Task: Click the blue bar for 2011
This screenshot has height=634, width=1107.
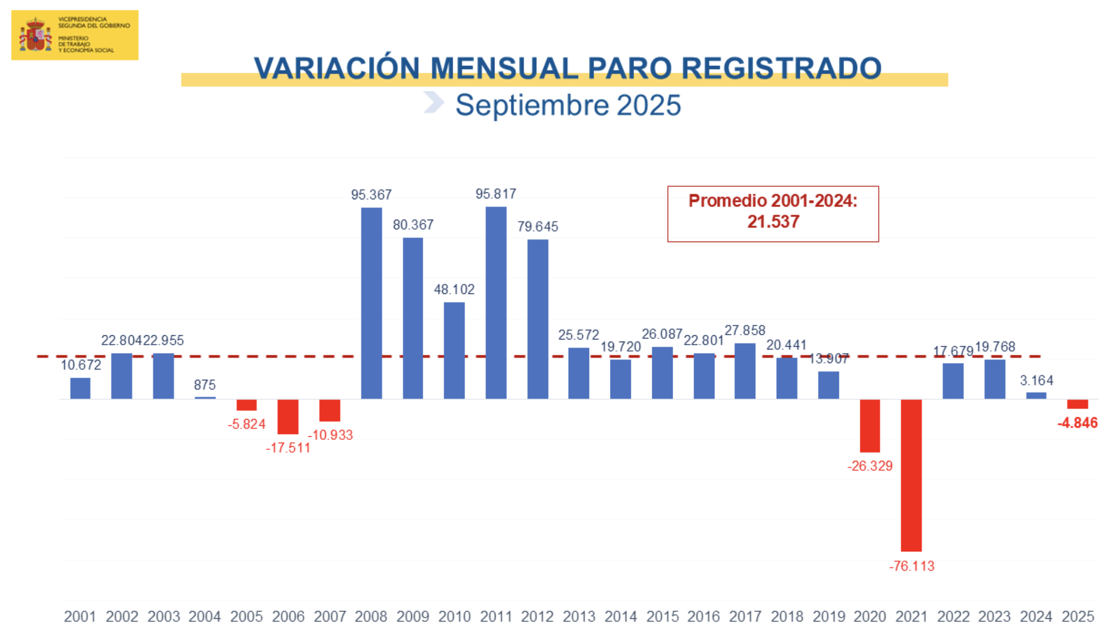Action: pyautogui.click(x=495, y=303)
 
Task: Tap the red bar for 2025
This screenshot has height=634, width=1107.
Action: pyautogui.click(x=1077, y=404)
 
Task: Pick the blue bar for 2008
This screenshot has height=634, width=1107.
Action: pyautogui.click(x=371, y=303)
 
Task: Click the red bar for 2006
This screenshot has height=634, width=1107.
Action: pyautogui.click(x=288, y=416)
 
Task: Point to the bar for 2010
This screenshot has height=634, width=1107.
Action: pyautogui.click(x=454, y=350)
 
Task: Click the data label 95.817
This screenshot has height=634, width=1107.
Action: pyautogui.click(x=495, y=194)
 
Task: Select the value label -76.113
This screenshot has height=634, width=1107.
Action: pyautogui.click(x=912, y=566)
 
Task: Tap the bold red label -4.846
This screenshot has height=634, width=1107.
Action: pyautogui.click(x=1077, y=423)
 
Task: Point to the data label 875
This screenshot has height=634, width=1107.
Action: pyautogui.click(x=204, y=385)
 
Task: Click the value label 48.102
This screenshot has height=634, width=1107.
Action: pyautogui.click(x=454, y=289)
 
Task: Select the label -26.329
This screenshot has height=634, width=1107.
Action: pyautogui.click(x=870, y=466)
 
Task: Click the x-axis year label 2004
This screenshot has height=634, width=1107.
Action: pyautogui.click(x=204, y=617)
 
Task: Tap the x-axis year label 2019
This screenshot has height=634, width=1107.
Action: pyautogui.click(x=828, y=617)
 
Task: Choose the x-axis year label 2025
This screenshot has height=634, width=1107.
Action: pyautogui.click(x=1078, y=617)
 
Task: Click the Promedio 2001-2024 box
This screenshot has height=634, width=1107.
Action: pyautogui.click(x=772, y=213)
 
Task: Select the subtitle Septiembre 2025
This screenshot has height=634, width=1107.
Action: pyautogui.click(x=568, y=105)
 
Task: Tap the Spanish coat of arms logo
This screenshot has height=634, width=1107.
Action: pyautogui.click(x=36, y=35)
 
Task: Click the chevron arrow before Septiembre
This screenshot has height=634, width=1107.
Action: pyautogui.click(x=433, y=102)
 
